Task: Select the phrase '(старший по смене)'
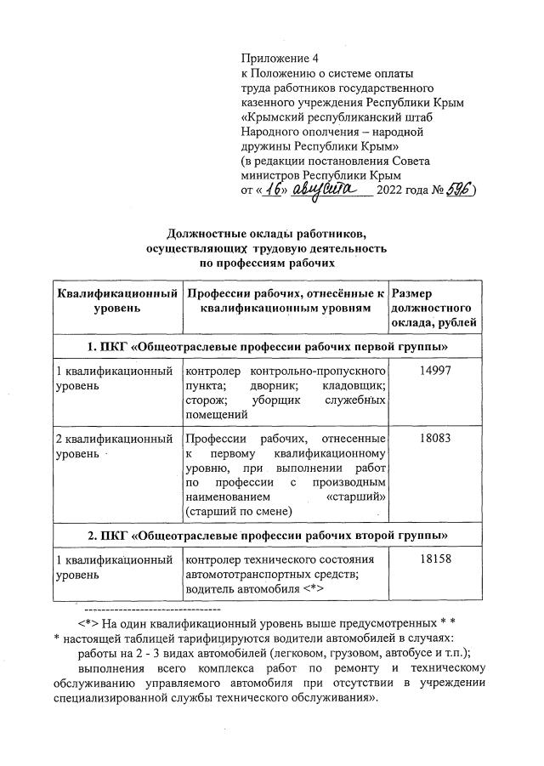click(x=238, y=510)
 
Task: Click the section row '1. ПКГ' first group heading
click(x=268, y=348)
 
